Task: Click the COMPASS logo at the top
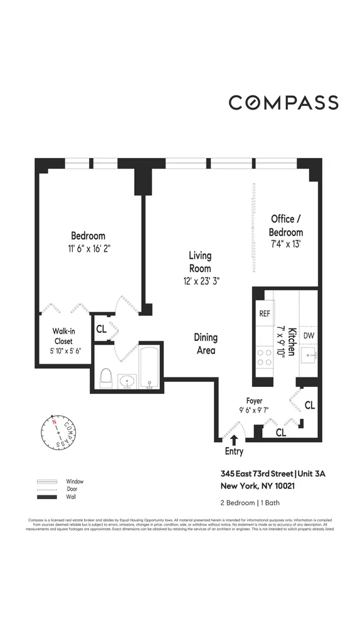point(283,103)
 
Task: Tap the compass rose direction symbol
point(59,433)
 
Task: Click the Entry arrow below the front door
point(234,441)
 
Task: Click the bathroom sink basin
point(128,380)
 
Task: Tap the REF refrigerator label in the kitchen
point(264,314)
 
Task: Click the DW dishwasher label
point(308,335)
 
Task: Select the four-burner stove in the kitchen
point(264,357)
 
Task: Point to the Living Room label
point(200,262)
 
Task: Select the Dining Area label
point(205,344)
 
